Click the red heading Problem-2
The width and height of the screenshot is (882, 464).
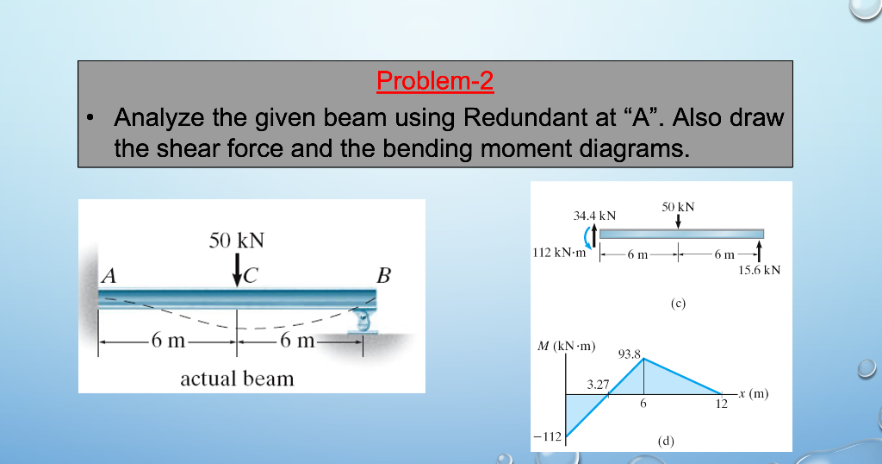pos(435,81)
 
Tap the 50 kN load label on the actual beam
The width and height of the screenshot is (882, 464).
pos(237,240)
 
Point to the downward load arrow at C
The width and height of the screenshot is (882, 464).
pos(237,270)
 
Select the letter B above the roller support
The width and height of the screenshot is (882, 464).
pos(383,276)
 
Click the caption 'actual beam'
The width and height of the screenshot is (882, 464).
pos(237,379)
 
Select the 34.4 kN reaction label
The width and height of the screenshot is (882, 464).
pos(594,213)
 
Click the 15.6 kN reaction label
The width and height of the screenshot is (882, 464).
pos(760,270)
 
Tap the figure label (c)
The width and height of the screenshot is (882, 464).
pos(678,303)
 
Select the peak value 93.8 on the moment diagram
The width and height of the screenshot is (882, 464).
pos(630,354)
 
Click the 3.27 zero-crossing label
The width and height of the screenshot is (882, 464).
pos(598,385)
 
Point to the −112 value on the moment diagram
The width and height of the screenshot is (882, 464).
pos(548,436)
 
